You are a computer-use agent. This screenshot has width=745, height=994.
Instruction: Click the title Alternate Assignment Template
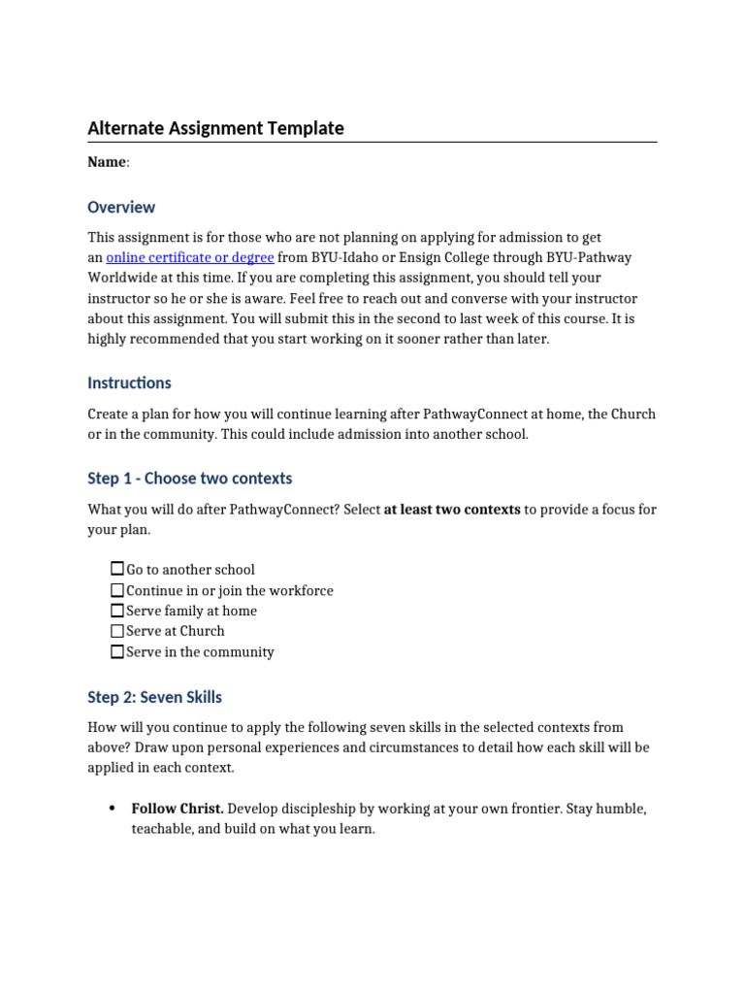click(215, 128)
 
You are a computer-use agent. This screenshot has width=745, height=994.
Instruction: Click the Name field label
click(107, 162)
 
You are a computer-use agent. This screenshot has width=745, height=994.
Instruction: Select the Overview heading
click(121, 207)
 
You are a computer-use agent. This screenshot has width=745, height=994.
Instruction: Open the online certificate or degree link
click(190, 257)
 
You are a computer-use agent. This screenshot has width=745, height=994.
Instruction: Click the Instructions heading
click(129, 382)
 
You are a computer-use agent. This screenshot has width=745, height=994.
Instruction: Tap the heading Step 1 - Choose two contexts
click(189, 478)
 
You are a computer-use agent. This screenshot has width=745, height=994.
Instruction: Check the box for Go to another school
click(117, 569)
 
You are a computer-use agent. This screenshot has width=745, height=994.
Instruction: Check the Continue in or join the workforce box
click(117, 590)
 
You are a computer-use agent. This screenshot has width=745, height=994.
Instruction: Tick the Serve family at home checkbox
click(117, 611)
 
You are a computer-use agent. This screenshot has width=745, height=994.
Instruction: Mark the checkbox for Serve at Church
click(117, 631)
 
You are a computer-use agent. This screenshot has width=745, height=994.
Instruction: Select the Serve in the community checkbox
click(117, 652)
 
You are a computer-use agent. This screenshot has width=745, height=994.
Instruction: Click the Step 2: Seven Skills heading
click(154, 697)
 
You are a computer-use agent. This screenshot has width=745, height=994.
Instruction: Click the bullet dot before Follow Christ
click(113, 809)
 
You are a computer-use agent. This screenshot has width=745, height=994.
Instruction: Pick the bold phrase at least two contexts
click(452, 509)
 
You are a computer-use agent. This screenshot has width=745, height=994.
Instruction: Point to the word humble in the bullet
click(619, 809)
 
